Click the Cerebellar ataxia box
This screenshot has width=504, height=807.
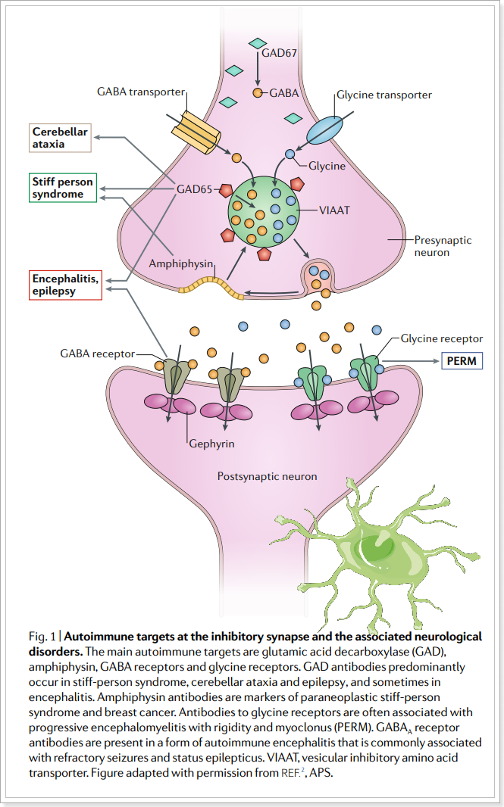coord(60,137)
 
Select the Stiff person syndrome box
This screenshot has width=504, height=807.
coord(63,188)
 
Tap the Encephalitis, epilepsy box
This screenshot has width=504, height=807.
coord(64,285)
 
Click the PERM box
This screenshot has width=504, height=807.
coord(462,360)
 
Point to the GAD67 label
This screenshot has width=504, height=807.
coord(279,53)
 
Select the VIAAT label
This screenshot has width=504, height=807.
coord(335,210)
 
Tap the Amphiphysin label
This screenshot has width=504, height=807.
coord(181,263)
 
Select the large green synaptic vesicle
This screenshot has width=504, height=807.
coord(265,210)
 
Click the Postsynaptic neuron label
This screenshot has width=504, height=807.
coord(267,477)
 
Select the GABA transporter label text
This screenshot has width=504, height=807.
coord(141,92)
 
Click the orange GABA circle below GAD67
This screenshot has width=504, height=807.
coord(258,92)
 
